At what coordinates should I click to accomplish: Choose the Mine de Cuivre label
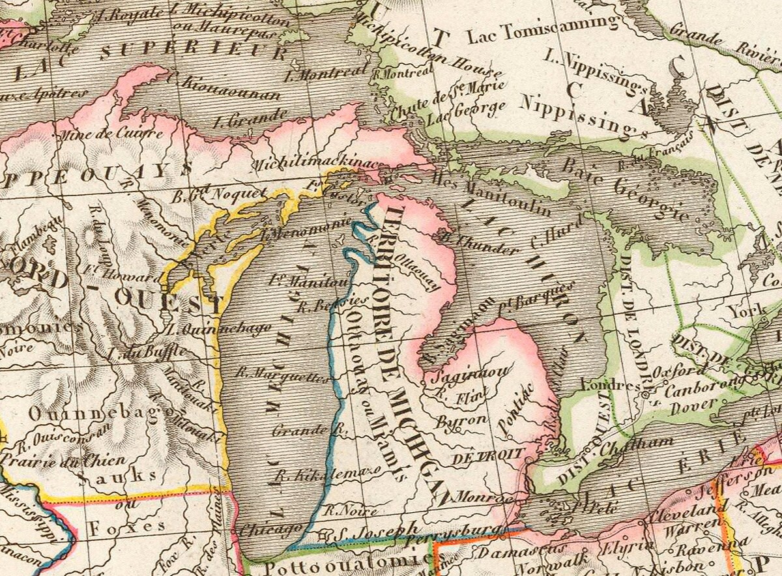coord(111,135)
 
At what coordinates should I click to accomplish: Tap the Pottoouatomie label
coord(332,564)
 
